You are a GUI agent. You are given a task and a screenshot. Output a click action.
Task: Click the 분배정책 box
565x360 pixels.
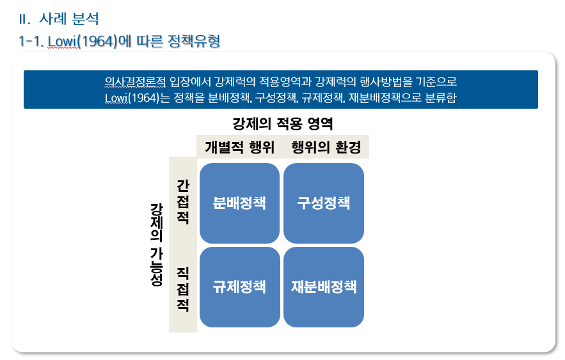click(239, 203)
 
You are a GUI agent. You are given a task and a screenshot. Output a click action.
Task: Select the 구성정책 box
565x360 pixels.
click(323, 203)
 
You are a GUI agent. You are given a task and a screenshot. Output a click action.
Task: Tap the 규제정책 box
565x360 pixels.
click(239, 286)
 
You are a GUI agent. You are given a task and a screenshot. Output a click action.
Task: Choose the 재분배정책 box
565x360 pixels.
click(323, 286)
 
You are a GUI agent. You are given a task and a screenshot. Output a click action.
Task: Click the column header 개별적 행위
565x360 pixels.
click(239, 147)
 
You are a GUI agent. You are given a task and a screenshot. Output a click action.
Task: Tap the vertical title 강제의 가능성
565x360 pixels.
click(156, 244)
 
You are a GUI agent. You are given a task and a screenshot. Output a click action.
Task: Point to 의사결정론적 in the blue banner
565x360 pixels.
click(135, 82)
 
